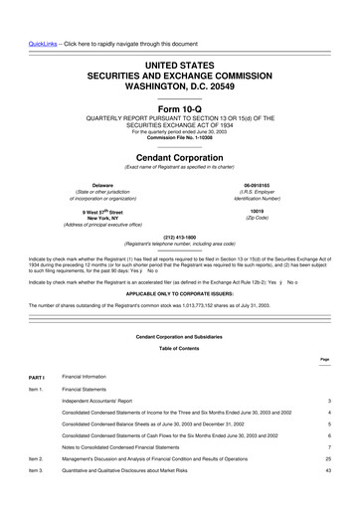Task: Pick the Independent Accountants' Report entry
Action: [x=108, y=402]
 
